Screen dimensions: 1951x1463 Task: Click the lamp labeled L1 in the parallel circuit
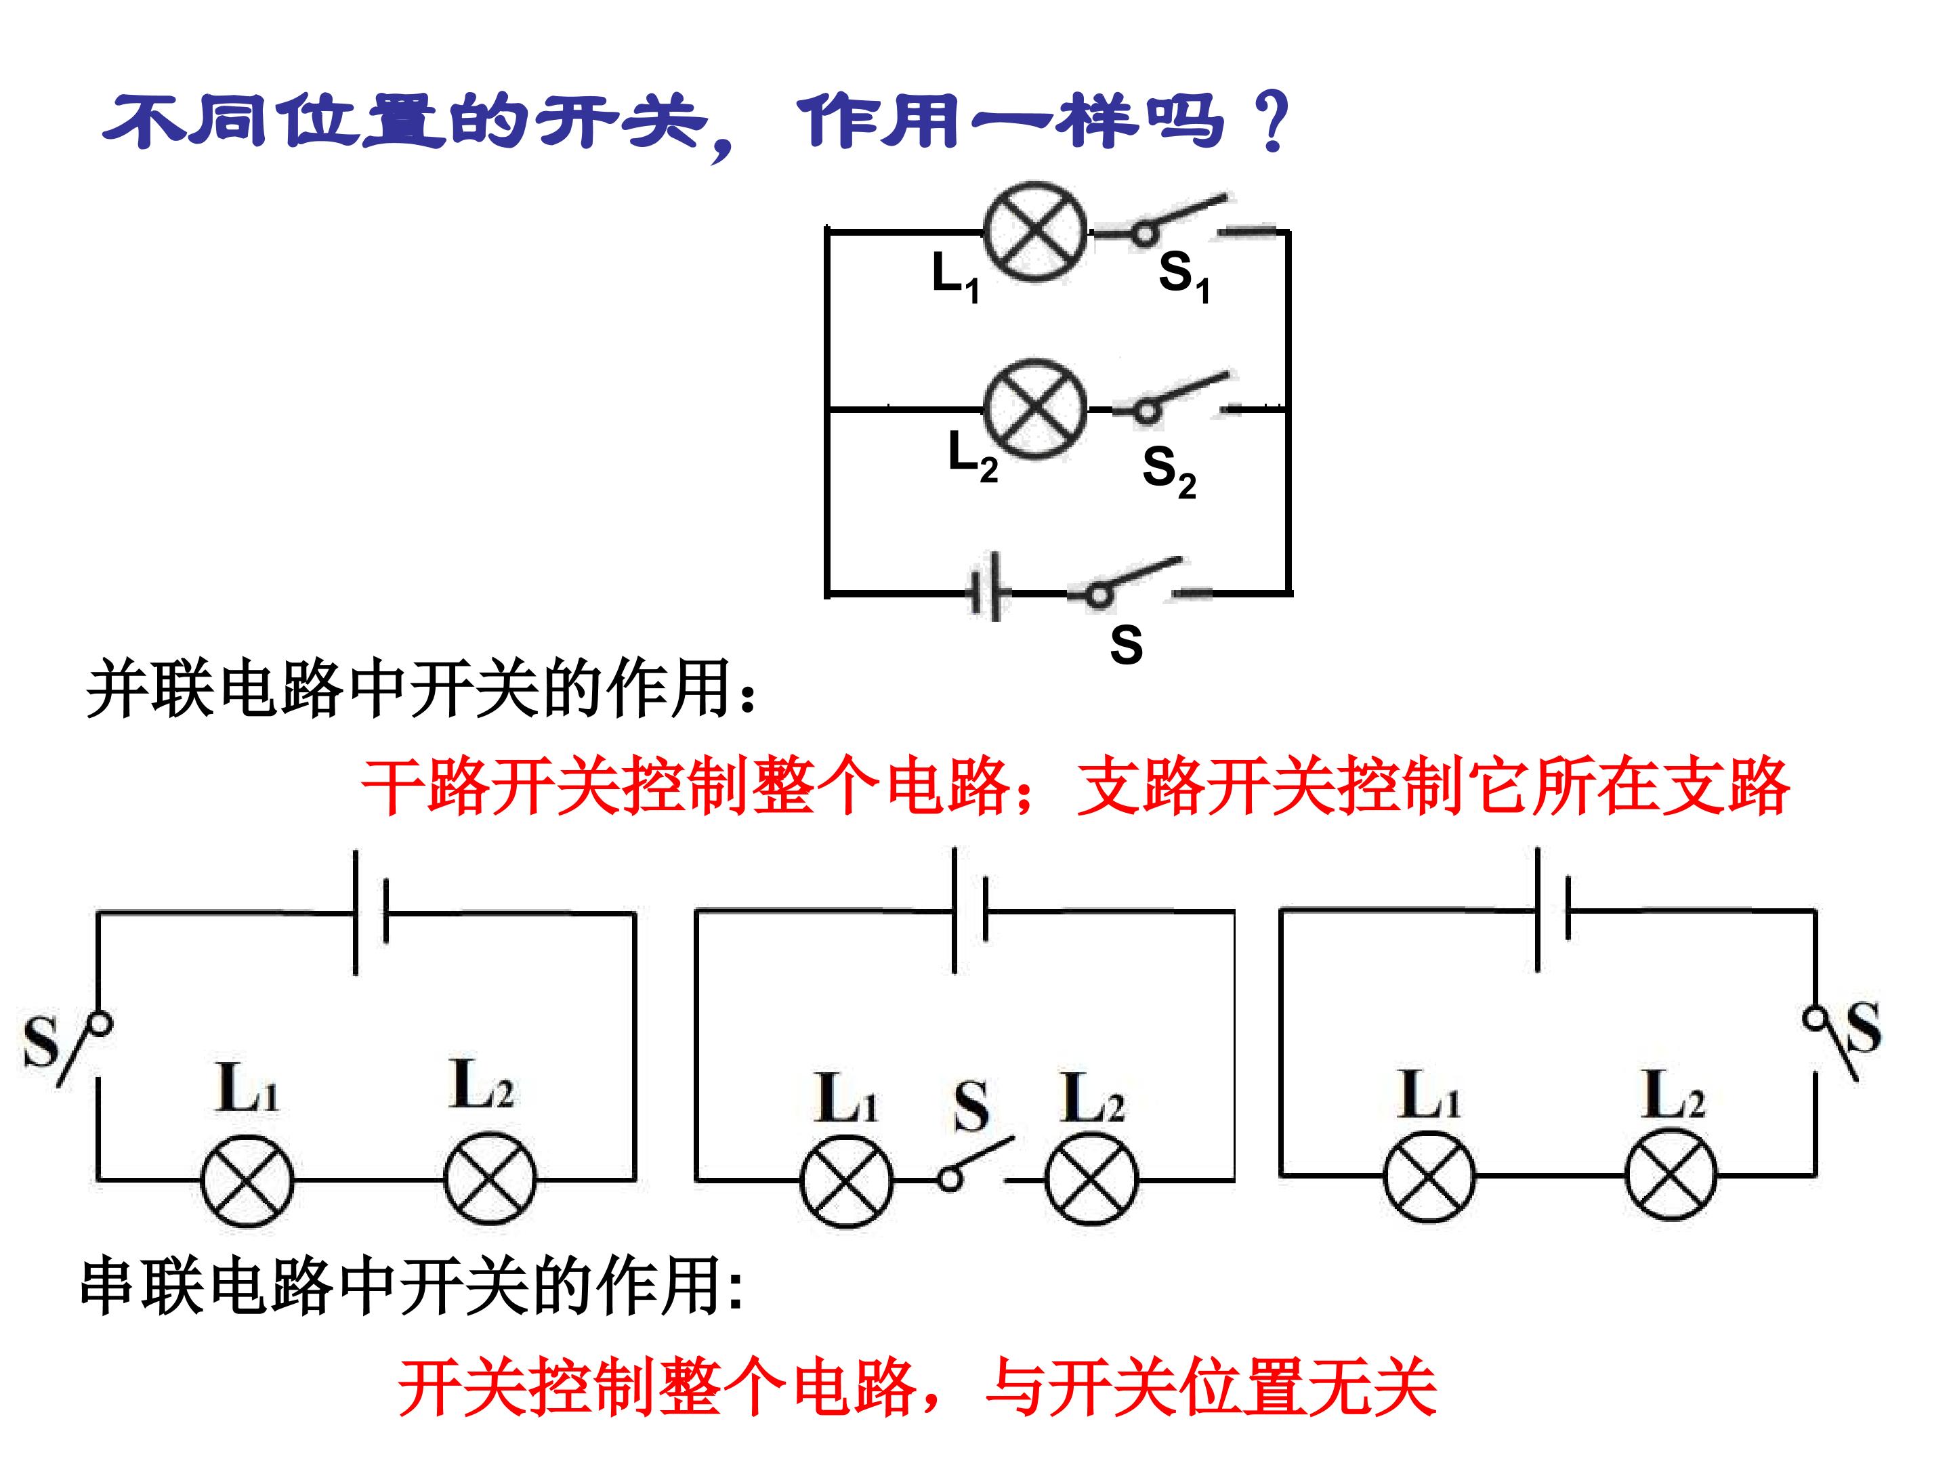coord(1034,233)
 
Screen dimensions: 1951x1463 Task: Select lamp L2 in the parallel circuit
coord(1034,409)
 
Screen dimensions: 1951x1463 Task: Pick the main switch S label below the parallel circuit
coord(1127,645)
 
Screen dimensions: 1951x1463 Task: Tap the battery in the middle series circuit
coord(969,910)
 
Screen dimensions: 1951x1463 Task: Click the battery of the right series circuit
coord(1553,909)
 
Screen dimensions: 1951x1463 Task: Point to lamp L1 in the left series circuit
coord(247,1179)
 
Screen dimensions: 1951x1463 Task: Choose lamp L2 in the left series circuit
coord(490,1179)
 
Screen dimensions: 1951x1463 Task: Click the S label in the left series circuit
coord(41,1043)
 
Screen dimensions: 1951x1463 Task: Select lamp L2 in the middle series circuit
coord(1091,1179)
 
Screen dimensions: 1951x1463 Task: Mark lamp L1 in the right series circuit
coord(1429,1176)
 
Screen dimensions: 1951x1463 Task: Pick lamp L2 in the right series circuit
coord(1671,1176)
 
